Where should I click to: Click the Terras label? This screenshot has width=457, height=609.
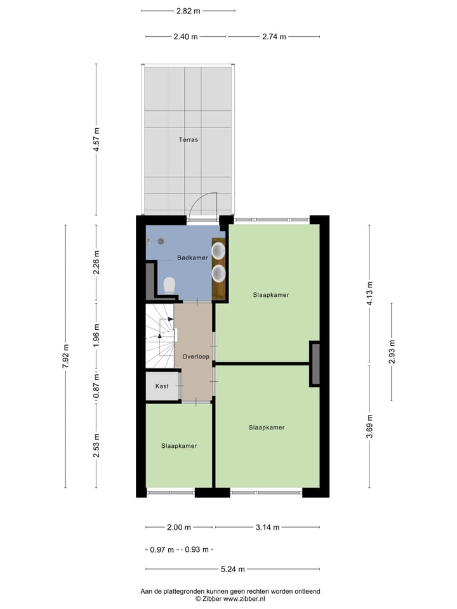(x=188, y=140)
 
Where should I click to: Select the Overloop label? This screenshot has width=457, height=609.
(x=195, y=357)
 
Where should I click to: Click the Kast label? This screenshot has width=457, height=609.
(x=162, y=386)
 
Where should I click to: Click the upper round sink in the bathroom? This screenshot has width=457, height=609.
(x=219, y=251)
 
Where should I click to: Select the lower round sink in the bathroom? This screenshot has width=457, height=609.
(x=219, y=273)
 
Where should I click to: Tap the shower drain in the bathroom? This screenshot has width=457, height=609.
(x=161, y=241)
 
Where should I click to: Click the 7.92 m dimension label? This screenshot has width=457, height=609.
(x=65, y=357)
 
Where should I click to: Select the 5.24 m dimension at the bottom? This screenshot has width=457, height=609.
(x=232, y=570)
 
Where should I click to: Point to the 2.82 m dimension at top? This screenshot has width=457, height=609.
(x=188, y=11)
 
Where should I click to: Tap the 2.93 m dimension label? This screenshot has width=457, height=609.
(x=392, y=351)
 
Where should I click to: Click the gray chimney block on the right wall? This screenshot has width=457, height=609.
(x=315, y=363)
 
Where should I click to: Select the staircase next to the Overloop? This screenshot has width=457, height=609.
(x=159, y=336)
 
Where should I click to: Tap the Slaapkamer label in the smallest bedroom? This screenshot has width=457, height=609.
(x=179, y=446)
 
